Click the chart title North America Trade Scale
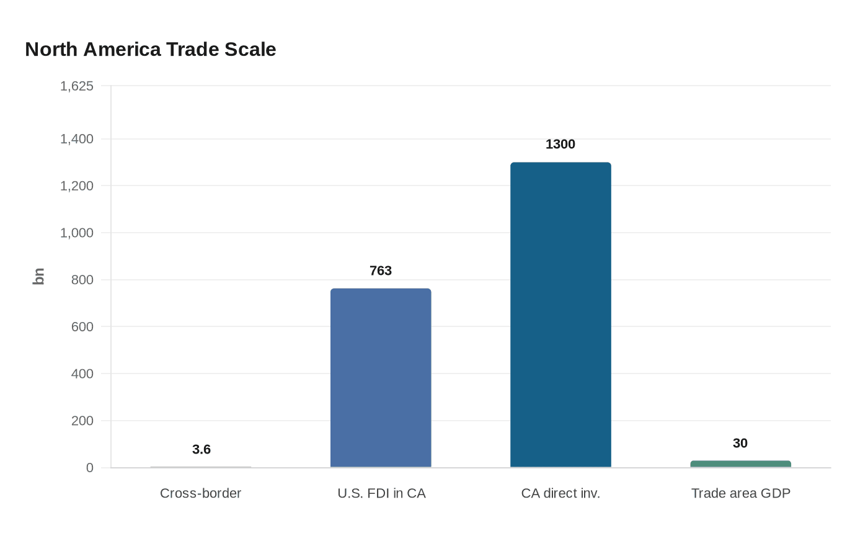pyautogui.click(x=151, y=50)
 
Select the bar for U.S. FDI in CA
pyautogui.click(x=381, y=378)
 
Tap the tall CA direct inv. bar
pyautogui.click(x=560, y=315)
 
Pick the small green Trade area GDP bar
pyautogui.click(x=740, y=464)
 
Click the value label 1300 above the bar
pyautogui.click(x=560, y=145)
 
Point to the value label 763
pyautogui.click(x=381, y=271)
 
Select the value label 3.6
pyautogui.click(x=201, y=450)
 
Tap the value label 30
pyautogui.click(x=740, y=444)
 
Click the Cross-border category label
pyautogui.click(x=200, y=493)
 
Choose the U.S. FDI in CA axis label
pyautogui.click(x=381, y=493)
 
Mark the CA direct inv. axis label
pyautogui.click(x=560, y=493)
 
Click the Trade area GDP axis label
pyautogui.click(x=741, y=493)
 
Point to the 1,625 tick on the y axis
pyautogui.click(x=77, y=86)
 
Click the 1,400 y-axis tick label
pyautogui.click(x=77, y=139)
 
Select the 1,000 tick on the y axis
pyautogui.click(x=77, y=233)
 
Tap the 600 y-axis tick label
pyautogui.click(x=82, y=327)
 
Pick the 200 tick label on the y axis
pyautogui.click(x=82, y=421)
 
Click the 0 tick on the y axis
pyautogui.click(x=90, y=468)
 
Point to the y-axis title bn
pyautogui.click(x=38, y=277)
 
